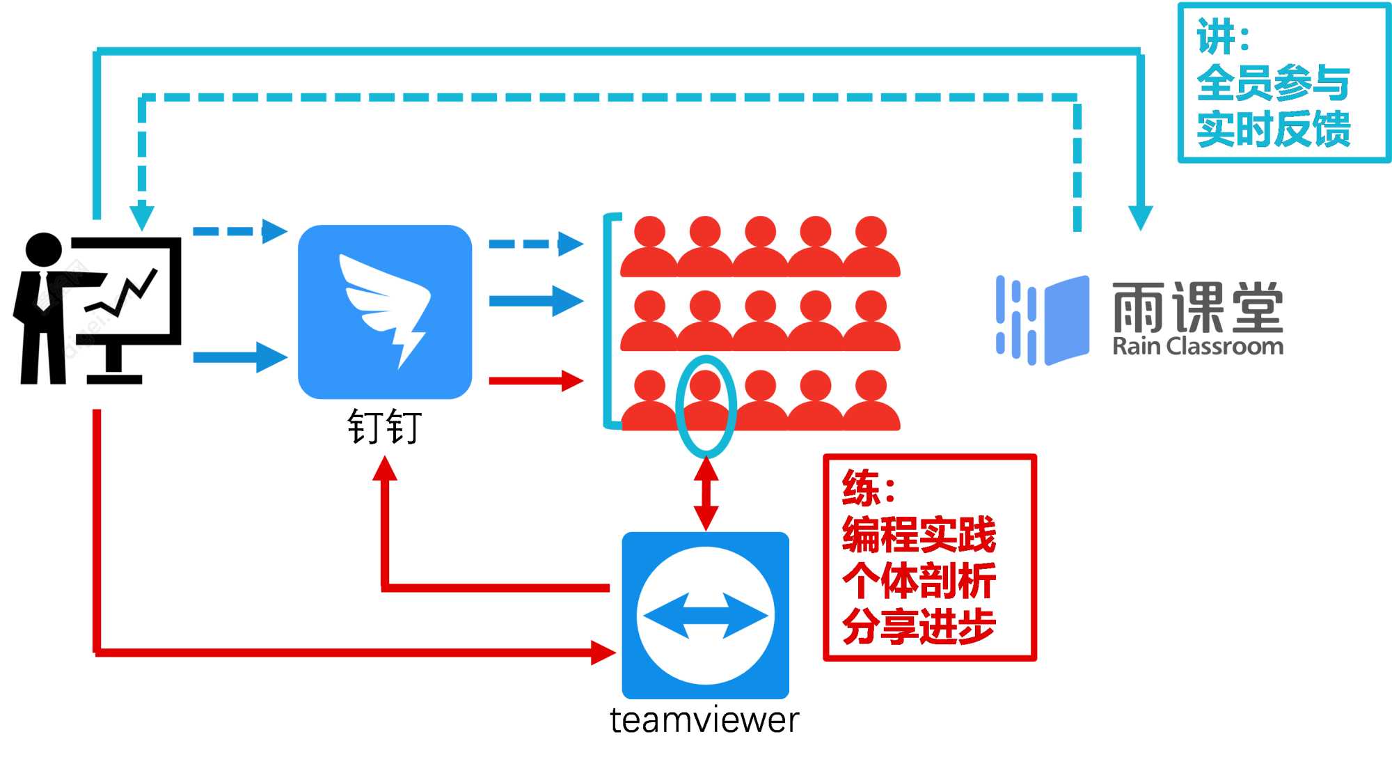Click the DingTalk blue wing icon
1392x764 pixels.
(x=385, y=311)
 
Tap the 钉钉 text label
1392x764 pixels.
(x=385, y=427)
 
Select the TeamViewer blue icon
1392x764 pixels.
(x=705, y=615)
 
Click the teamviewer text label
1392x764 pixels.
(x=704, y=720)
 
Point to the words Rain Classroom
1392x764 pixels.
(x=1198, y=346)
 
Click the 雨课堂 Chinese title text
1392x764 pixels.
(x=1198, y=307)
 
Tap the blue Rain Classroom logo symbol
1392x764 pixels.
(x=1042, y=320)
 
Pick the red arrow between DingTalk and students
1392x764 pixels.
(x=536, y=381)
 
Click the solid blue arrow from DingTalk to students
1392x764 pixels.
(x=536, y=301)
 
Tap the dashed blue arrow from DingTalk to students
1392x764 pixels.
(x=536, y=244)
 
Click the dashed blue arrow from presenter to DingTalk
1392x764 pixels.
(x=239, y=231)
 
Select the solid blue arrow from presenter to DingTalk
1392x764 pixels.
(x=239, y=357)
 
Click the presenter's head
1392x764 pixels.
(x=43, y=249)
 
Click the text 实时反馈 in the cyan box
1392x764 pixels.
(x=1273, y=130)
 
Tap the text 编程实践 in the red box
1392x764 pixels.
(x=919, y=534)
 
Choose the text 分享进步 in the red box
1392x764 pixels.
(x=919, y=626)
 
